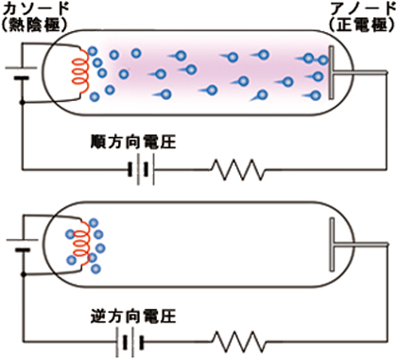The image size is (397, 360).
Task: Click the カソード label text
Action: click(x=36, y=9)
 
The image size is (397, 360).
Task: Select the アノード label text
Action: click(x=362, y=9)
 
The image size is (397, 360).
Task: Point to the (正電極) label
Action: click(x=362, y=25)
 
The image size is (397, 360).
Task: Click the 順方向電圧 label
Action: click(x=133, y=142)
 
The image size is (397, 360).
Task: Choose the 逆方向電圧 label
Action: click(x=133, y=317)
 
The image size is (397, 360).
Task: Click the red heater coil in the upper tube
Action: click(x=81, y=72)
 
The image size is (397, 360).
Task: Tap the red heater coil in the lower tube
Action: click(x=81, y=244)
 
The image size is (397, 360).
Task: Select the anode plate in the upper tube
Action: click(x=331, y=73)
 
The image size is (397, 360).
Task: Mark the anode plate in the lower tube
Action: click(x=332, y=245)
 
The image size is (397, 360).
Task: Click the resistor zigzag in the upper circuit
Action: click(x=238, y=170)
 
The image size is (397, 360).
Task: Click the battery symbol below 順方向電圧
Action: click(x=142, y=169)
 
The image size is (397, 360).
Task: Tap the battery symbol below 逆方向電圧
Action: click(x=129, y=342)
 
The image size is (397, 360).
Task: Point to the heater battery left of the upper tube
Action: click(x=22, y=73)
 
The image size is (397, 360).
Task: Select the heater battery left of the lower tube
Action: click(x=22, y=245)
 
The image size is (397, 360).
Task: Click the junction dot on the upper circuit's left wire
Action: click(x=22, y=103)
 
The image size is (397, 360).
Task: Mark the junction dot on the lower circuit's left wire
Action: click(x=24, y=275)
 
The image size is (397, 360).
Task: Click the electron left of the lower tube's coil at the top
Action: click(x=70, y=234)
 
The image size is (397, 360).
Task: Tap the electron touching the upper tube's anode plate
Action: click(x=323, y=60)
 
